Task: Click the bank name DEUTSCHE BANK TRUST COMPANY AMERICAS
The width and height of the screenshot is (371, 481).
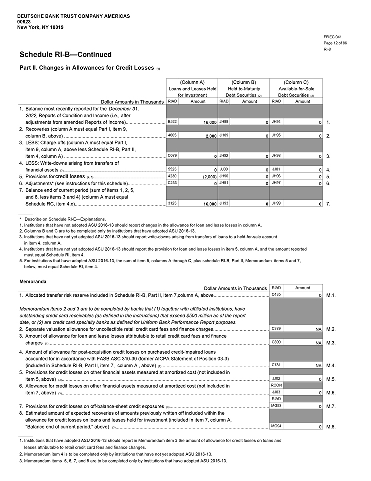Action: pos(73,16)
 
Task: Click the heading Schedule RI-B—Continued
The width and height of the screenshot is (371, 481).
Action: pos(65,54)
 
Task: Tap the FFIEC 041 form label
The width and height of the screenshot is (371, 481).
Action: pos(332,37)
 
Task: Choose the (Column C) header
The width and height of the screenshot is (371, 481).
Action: pos(296,82)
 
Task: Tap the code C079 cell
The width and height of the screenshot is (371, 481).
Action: pos(173,156)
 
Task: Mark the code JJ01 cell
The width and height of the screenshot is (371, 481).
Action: pos(276,169)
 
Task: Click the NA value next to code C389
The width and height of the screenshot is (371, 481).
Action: pos(318,329)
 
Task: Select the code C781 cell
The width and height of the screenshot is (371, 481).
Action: pos(275,365)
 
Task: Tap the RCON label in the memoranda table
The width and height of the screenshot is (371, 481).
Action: pos(276,385)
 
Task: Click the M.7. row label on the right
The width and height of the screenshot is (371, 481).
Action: pos(331,406)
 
